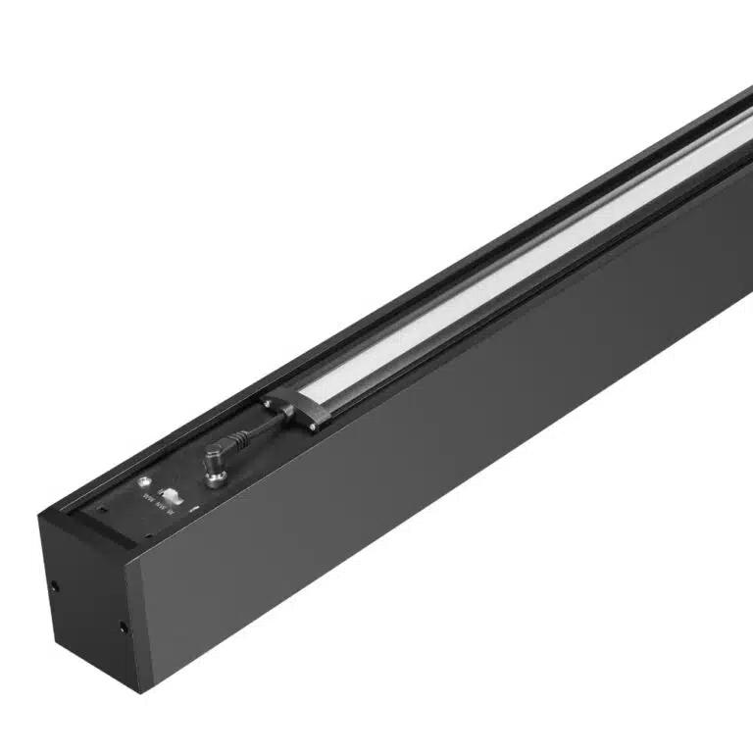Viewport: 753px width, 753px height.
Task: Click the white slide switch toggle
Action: point(173,495)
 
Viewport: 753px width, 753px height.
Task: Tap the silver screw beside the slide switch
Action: point(145,481)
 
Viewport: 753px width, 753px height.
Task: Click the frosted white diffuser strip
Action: point(490,294)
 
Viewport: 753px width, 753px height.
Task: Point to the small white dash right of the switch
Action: point(194,508)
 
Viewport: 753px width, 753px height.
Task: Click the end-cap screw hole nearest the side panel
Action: point(123,626)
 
